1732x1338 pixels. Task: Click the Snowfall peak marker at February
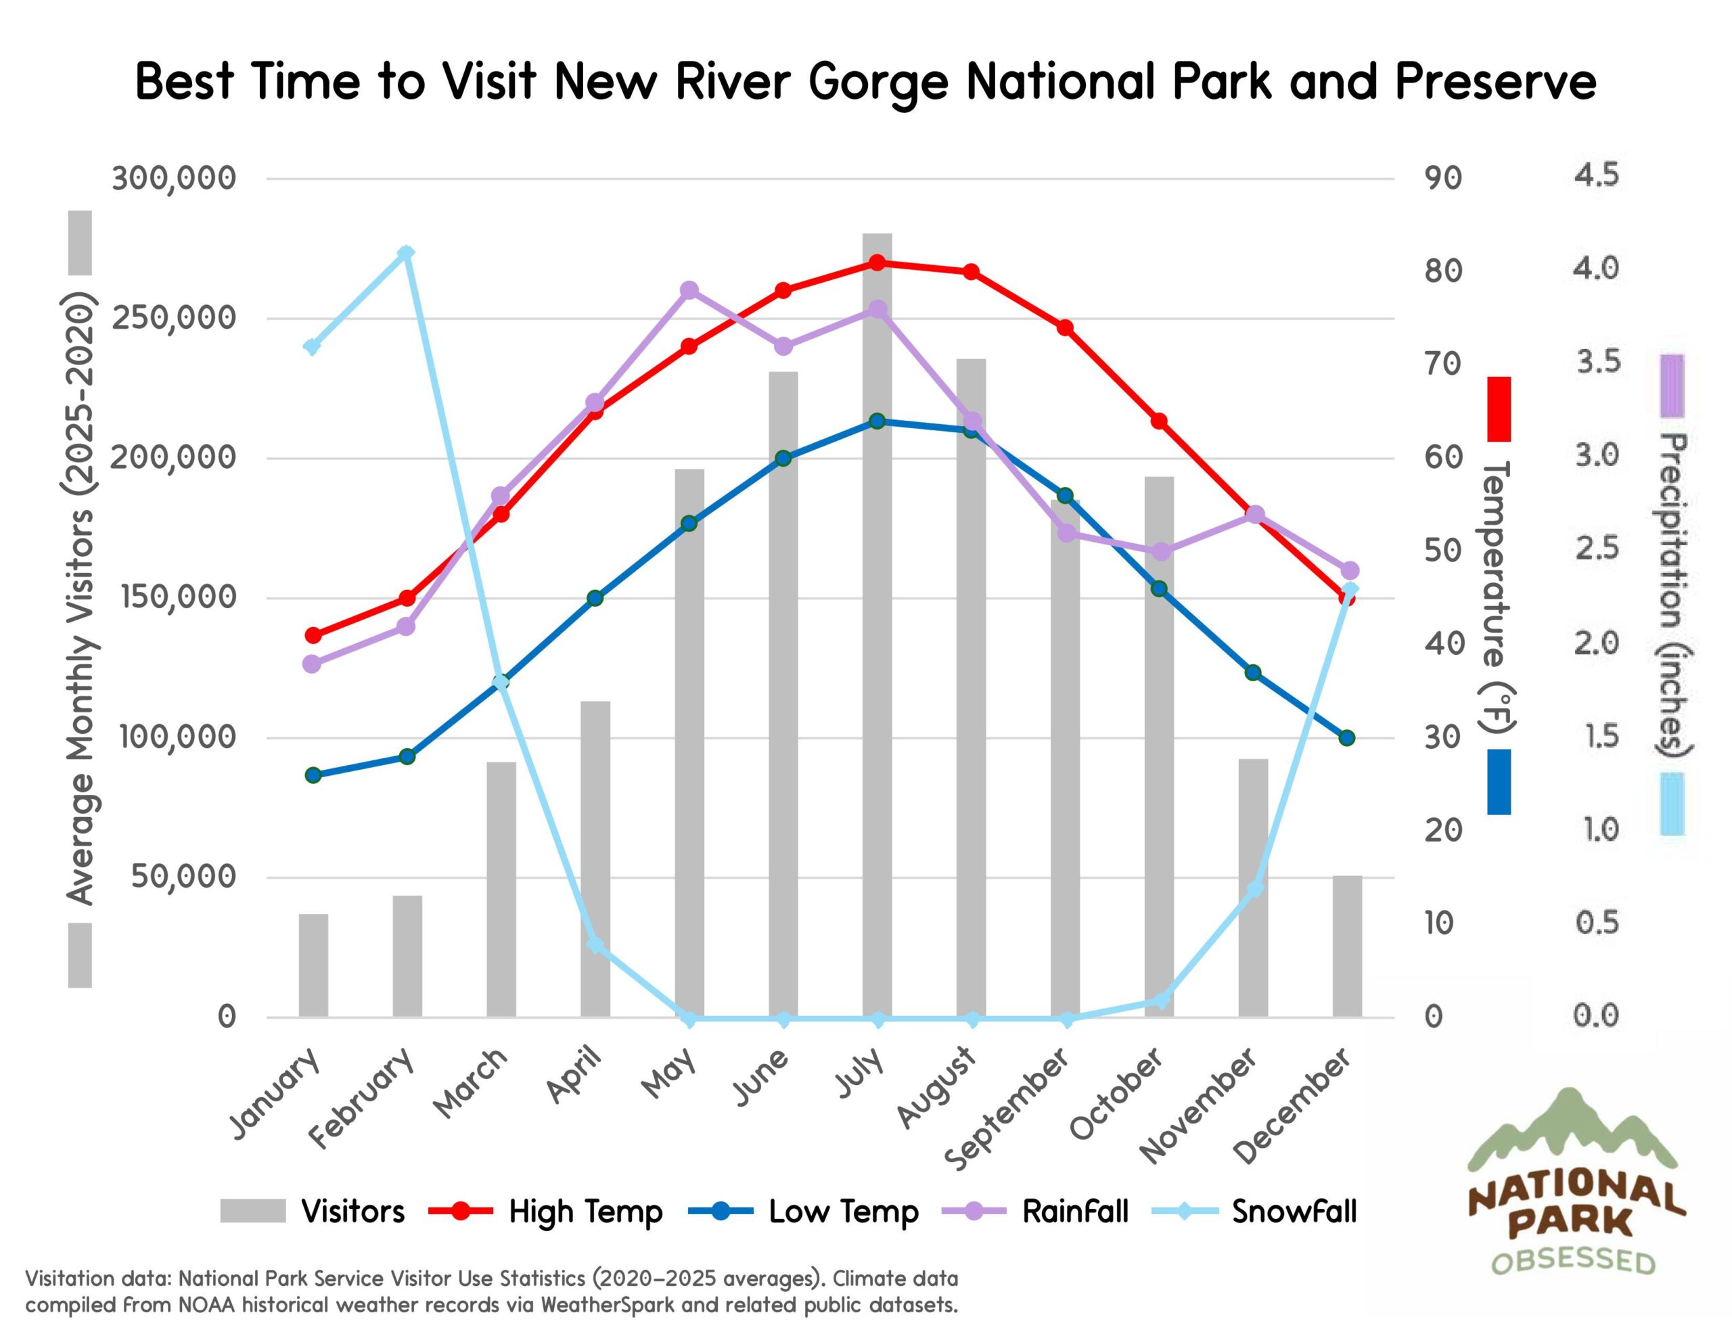tap(406, 254)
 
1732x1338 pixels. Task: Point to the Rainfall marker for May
tap(689, 290)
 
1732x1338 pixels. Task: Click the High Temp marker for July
tap(877, 262)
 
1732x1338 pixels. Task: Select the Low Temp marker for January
tap(313, 775)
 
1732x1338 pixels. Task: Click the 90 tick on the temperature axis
tap(1442, 179)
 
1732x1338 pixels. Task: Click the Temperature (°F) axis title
tap(1498, 595)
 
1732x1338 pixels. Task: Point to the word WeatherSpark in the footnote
tap(608, 1305)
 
